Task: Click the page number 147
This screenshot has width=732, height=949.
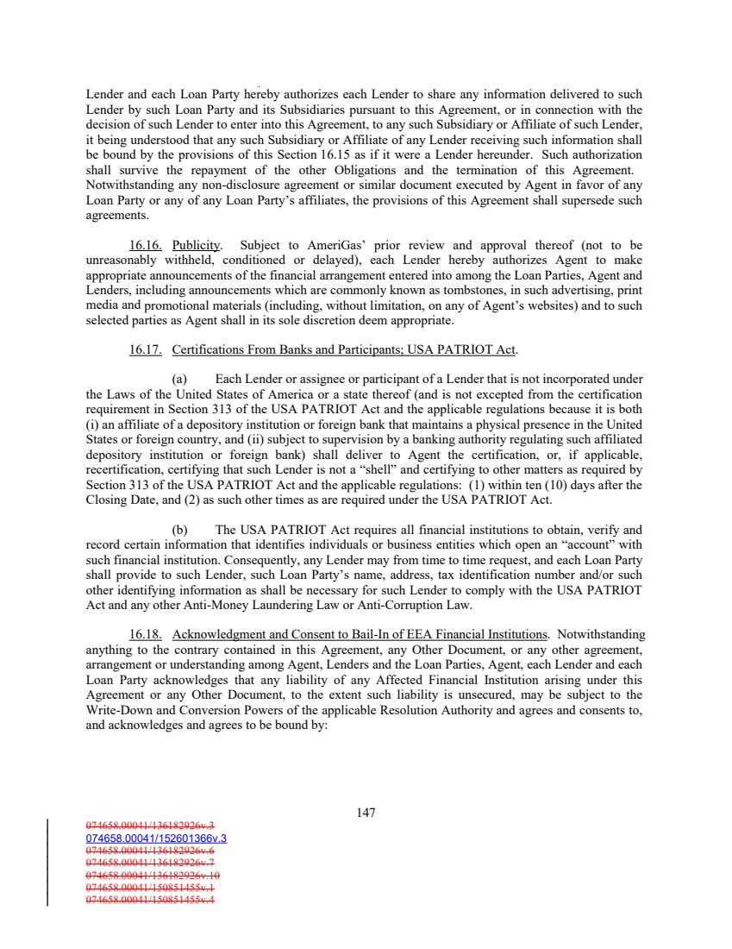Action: coord(366,812)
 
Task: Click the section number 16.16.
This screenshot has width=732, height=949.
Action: coord(143,244)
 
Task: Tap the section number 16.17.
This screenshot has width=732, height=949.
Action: coord(143,349)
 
